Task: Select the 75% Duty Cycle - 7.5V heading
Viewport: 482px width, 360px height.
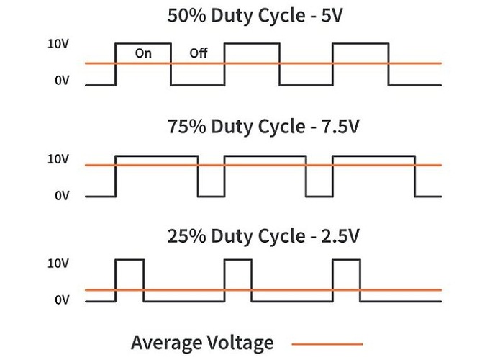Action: pyautogui.click(x=262, y=127)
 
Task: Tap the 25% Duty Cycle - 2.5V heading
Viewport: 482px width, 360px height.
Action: pyautogui.click(x=262, y=235)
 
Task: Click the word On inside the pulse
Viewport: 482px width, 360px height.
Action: pyautogui.click(x=143, y=53)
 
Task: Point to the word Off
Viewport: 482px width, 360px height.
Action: pyautogui.click(x=198, y=53)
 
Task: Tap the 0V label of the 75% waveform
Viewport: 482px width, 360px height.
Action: pyautogui.click(x=62, y=196)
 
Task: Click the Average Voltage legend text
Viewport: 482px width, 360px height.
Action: pyautogui.click(x=203, y=342)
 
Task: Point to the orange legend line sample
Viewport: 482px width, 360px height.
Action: pyautogui.click(x=327, y=343)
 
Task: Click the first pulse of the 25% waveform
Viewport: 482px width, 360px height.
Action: pyautogui.click(x=129, y=277)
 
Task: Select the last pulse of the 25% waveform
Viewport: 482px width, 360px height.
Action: pyautogui.click(x=347, y=277)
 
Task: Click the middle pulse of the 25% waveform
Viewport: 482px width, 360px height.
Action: pyautogui.click(x=238, y=277)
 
